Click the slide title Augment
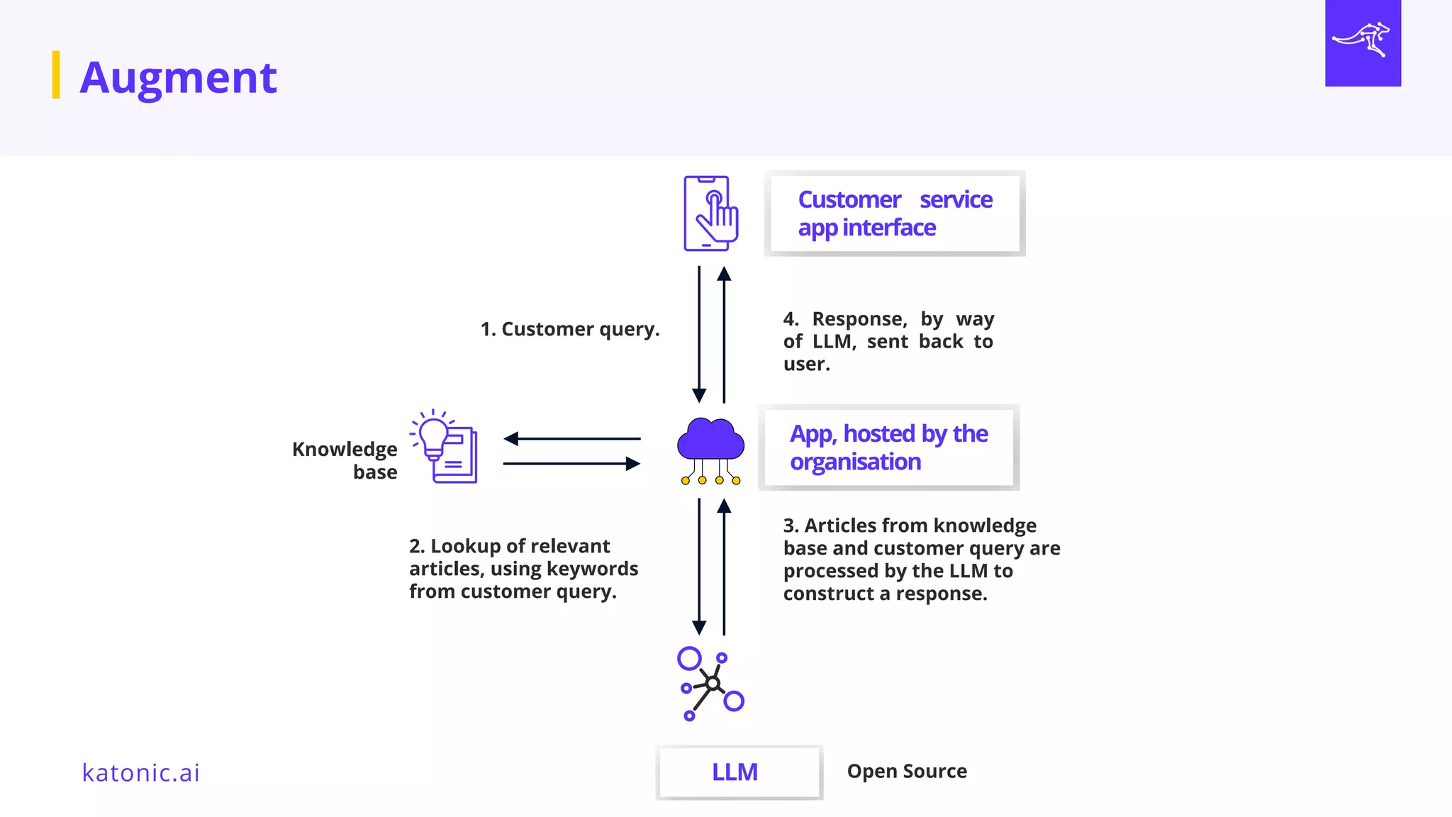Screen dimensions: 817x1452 click(x=178, y=77)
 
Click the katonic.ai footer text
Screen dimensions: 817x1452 click(x=141, y=772)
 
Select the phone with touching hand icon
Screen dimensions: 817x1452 click(x=710, y=213)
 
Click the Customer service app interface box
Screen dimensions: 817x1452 click(x=895, y=213)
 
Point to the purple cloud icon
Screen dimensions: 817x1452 click(x=710, y=440)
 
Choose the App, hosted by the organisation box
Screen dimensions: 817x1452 click(x=888, y=448)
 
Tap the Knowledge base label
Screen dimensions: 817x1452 click(x=345, y=460)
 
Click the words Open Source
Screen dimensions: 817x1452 click(x=907, y=771)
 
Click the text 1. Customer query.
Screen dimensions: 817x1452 click(x=570, y=329)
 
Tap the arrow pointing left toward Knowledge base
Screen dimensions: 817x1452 click(x=571, y=439)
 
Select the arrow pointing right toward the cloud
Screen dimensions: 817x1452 click(x=571, y=464)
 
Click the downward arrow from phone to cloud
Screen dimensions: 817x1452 click(x=699, y=333)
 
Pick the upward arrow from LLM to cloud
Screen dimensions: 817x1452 click(x=724, y=567)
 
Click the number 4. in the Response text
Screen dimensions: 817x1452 click(x=791, y=319)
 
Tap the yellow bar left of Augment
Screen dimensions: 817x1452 click(x=56, y=74)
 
